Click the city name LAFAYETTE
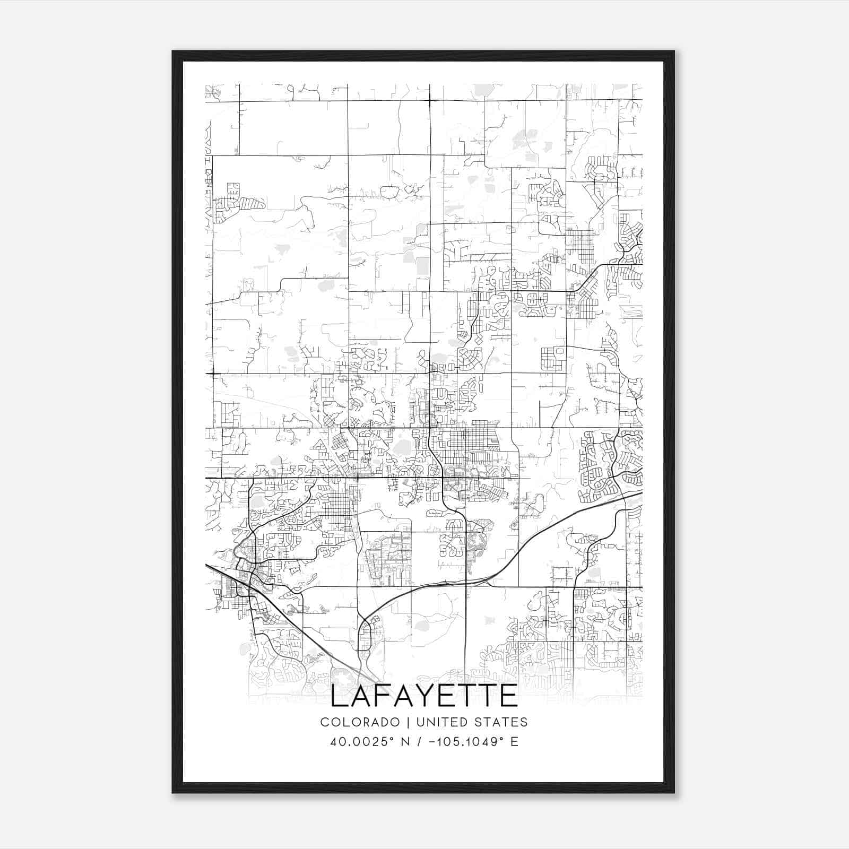click(x=424, y=697)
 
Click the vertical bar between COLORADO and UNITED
click(x=409, y=722)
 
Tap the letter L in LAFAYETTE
click(x=340, y=697)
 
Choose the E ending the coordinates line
click(x=514, y=742)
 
